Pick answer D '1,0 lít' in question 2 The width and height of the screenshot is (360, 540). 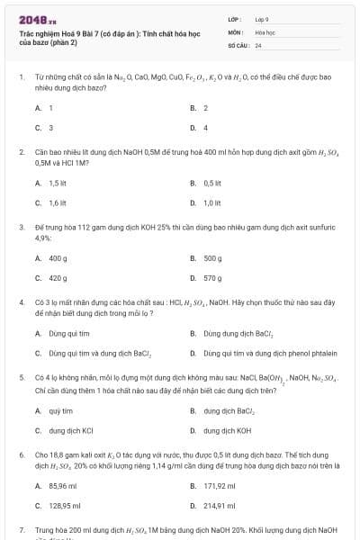point(212,202)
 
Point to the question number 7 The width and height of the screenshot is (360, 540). point(21,530)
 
